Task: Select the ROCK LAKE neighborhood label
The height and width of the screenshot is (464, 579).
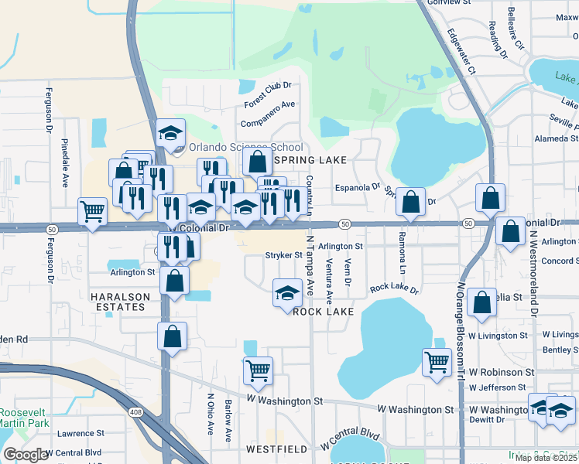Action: click(x=323, y=312)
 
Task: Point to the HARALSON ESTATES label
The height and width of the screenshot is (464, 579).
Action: click(x=118, y=302)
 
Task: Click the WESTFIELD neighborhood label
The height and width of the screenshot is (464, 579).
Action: click(x=272, y=449)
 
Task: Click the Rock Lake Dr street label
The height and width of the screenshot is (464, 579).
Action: click(x=393, y=289)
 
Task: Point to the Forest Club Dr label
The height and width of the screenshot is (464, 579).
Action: click(x=267, y=94)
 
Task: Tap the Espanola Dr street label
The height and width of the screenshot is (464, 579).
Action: click(x=358, y=186)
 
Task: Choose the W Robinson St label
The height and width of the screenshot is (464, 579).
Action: click(x=499, y=372)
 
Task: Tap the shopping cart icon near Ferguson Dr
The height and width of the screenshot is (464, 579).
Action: click(x=92, y=210)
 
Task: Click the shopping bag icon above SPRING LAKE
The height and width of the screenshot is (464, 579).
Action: click(x=258, y=162)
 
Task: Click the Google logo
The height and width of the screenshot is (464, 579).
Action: click(x=26, y=455)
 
